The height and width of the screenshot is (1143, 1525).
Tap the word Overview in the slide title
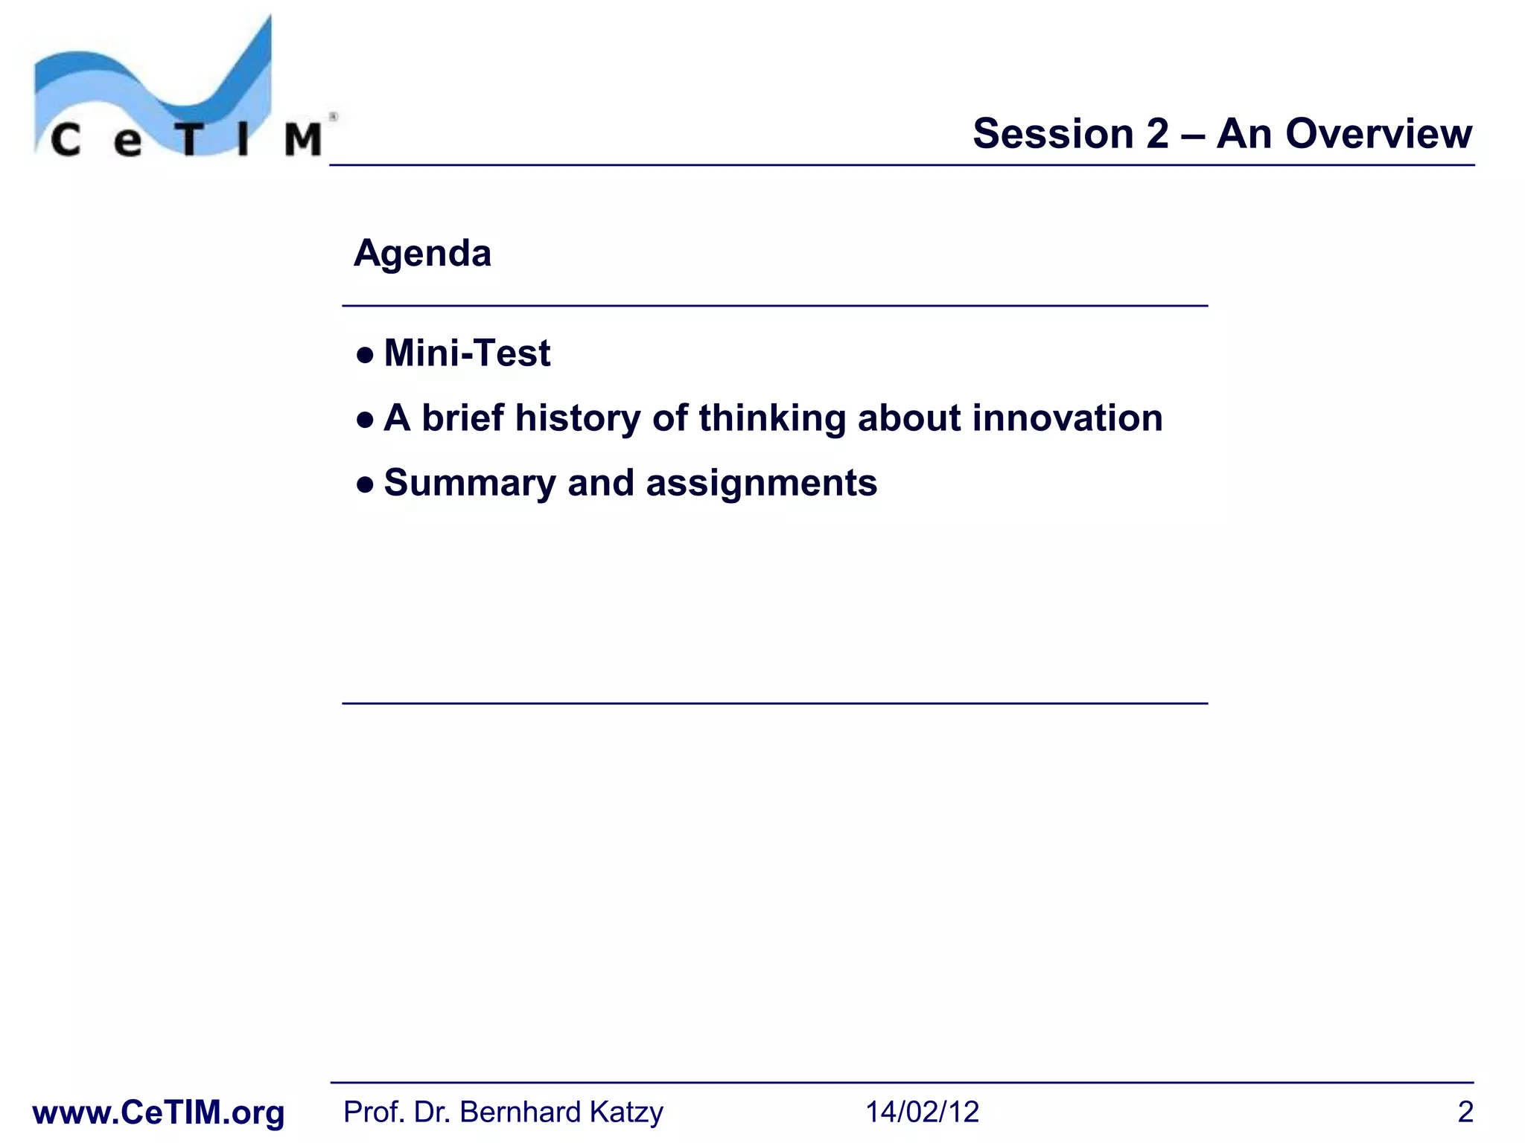point(1378,134)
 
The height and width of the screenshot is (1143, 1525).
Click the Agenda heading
point(422,254)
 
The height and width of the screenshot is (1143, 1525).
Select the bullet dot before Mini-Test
point(365,355)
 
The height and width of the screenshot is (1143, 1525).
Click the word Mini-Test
point(467,353)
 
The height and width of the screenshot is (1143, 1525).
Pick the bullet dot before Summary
point(365,486)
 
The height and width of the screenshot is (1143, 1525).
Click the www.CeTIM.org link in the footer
point(159,1112)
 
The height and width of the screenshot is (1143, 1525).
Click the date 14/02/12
point(922,1112)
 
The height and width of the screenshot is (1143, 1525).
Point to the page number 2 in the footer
point(1465,1112)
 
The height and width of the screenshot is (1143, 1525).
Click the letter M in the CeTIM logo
point(303,139)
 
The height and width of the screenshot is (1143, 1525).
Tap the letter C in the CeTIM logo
point(66,140)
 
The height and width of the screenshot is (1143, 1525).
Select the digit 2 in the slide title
point(1158,134)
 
